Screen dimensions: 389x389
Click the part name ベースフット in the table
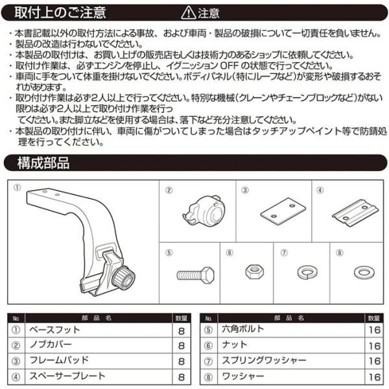coord(54,331)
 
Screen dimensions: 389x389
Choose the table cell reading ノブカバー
coord(52,346)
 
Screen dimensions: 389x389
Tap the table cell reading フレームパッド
coord(58,360)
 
